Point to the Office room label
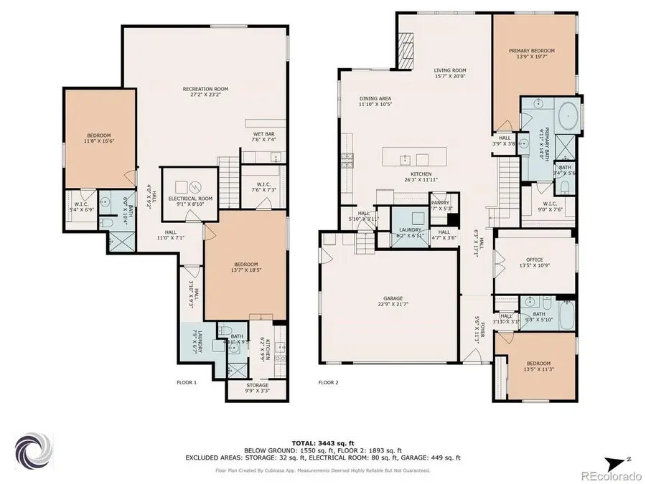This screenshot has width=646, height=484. [x=534, y=260]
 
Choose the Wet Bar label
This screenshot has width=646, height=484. [x=260, y=153]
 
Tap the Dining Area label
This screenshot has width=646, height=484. [x=375, y=99]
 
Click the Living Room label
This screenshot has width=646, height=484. [x=450, y=71]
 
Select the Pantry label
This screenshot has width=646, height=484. [x=440, y=203]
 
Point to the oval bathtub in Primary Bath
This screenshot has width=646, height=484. [x=568, y=114]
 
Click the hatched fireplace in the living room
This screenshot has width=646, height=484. [x=406, y=53]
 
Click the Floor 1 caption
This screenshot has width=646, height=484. [x=187, y=382]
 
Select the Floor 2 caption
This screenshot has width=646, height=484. [x=328, y=382]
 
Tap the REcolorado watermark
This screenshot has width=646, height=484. [x=612, y=473]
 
